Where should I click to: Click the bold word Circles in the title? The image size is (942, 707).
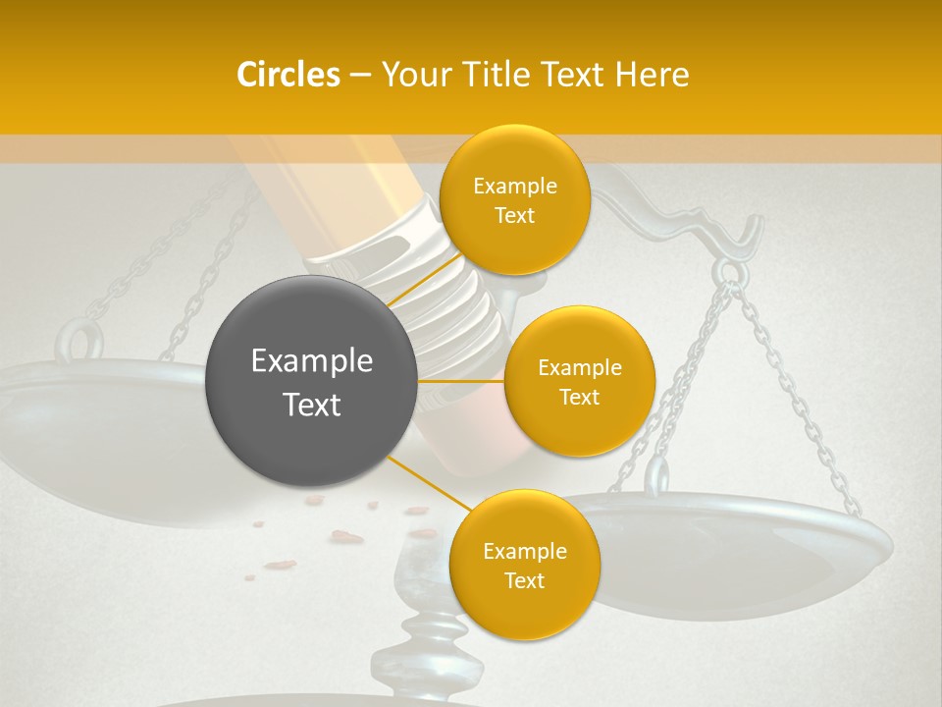tap(288, 75)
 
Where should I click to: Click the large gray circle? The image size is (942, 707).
tap(310, 381)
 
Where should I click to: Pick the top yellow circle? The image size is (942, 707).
tap(514, 199)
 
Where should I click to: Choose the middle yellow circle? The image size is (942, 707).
tap(579, 381)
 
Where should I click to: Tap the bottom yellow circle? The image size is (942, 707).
tap(524, 565)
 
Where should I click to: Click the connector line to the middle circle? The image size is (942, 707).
tap(461, 380)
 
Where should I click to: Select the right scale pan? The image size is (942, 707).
tap(746, 550)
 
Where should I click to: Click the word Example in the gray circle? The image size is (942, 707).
tap(311, 361)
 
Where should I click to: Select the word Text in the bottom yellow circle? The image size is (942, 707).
tap(524, 580)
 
